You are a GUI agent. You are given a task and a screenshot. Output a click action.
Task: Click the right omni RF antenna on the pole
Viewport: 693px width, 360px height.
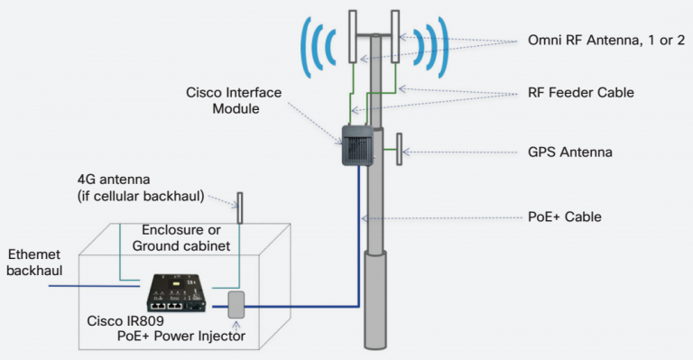[395, 37]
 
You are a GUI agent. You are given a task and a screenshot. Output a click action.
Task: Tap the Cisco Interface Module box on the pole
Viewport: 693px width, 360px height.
[356, 144]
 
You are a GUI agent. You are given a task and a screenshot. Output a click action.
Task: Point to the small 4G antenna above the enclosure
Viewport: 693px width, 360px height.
[239, 208]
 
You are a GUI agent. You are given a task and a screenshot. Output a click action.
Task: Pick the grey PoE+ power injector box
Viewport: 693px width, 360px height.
[237, 304]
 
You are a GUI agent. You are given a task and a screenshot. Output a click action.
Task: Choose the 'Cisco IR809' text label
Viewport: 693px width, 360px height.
[124, 320]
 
